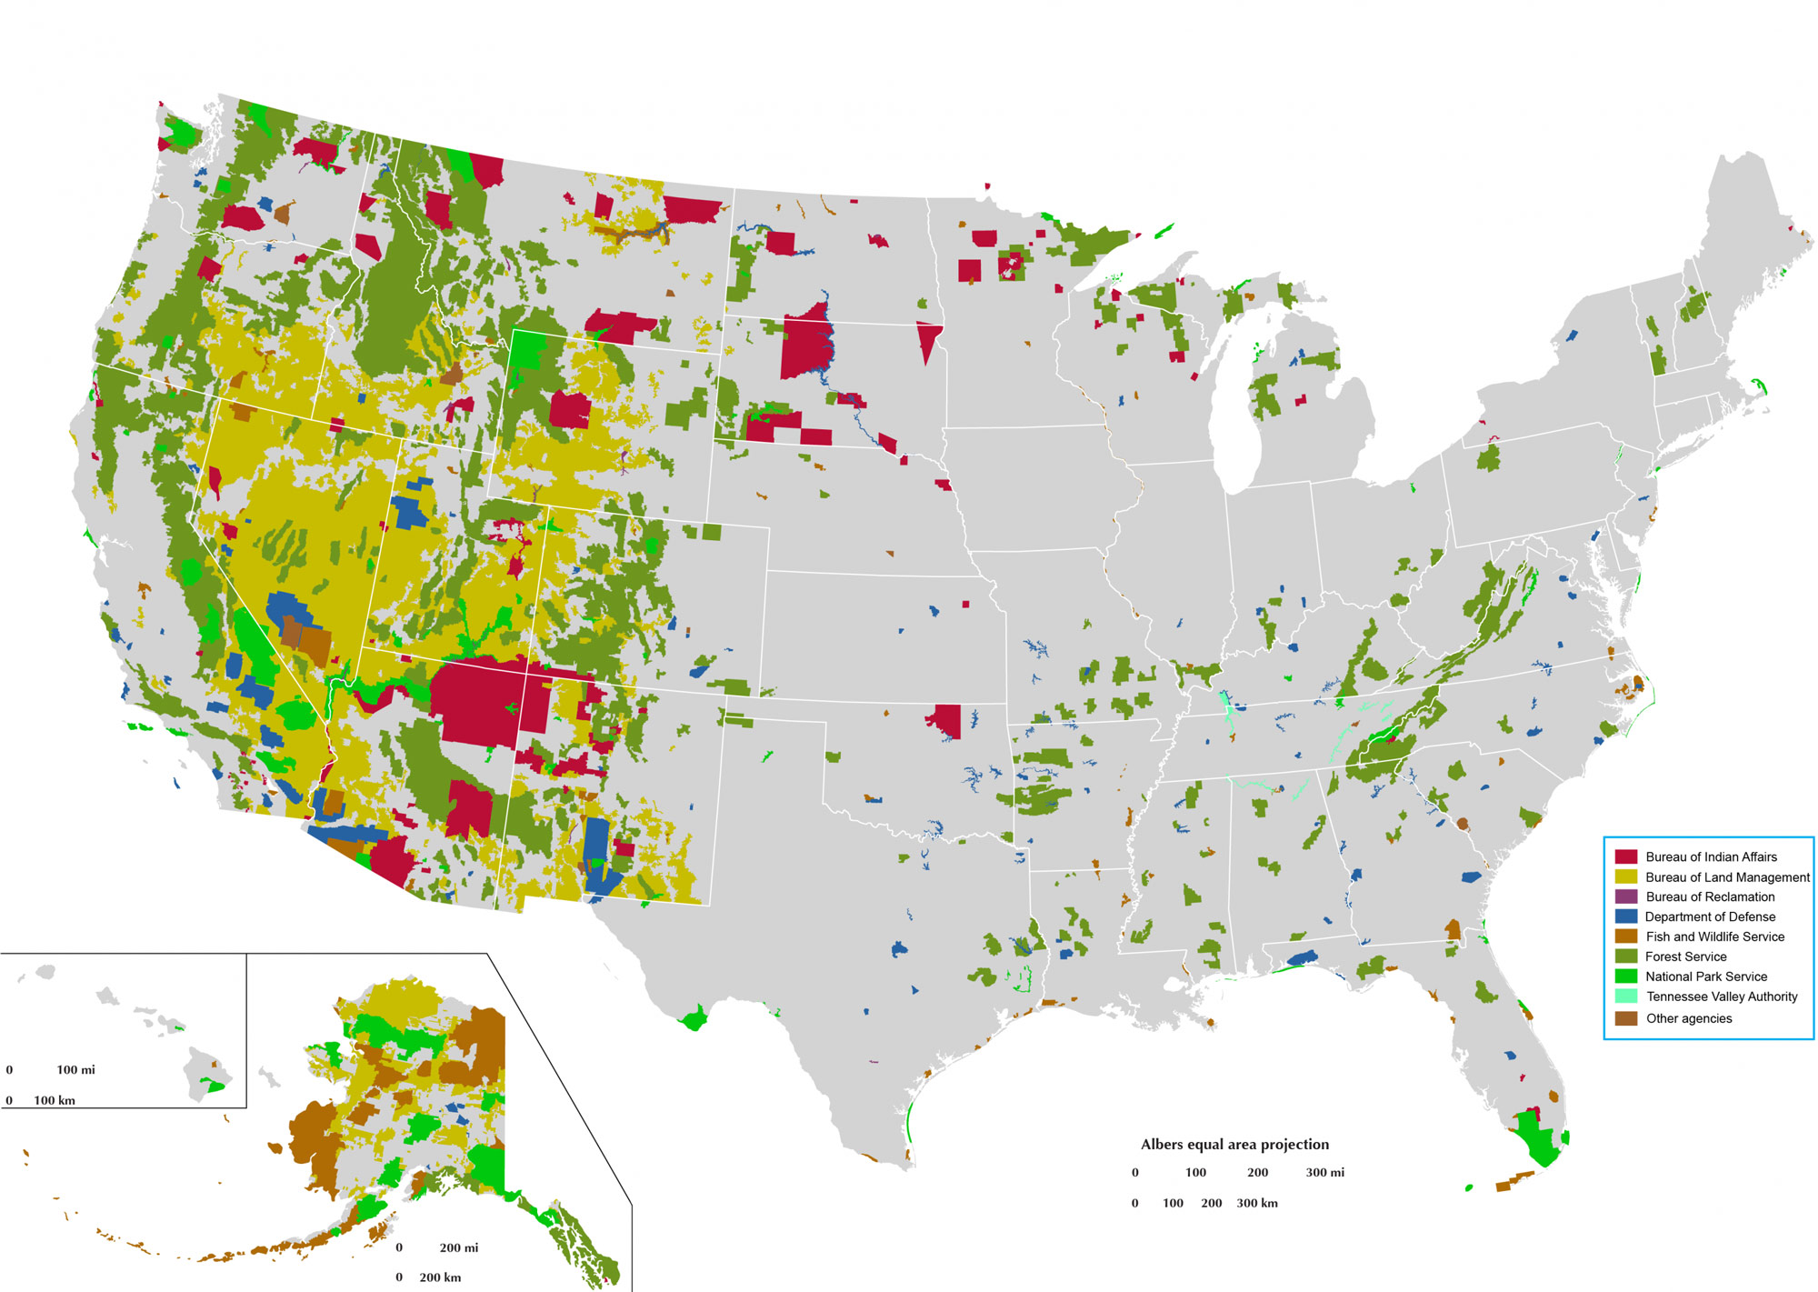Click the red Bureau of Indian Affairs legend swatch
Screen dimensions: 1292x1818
click(1626, 856)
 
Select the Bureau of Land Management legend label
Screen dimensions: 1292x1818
click(1727, 876)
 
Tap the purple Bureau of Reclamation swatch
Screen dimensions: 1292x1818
click(1626, 896)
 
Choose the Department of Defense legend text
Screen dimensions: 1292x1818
click(1710, 916)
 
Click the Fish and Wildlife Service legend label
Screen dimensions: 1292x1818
click(1714, 936)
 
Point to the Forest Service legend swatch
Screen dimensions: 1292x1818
click(1626, 956)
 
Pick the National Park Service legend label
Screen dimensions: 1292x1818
click(1706, 977)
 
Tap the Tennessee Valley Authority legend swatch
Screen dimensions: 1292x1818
click(1626, 997)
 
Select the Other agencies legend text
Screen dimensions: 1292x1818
click(1689, 1018)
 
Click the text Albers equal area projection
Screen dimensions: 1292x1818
click(1234, 1145)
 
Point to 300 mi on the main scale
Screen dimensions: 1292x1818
click(1324, 1173)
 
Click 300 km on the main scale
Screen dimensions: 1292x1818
click(1256, 1203)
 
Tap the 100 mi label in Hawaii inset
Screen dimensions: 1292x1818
click(75, 1070)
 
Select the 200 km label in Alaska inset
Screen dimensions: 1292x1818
click(440, 1277)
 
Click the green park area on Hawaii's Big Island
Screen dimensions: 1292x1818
click(215, 1086)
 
